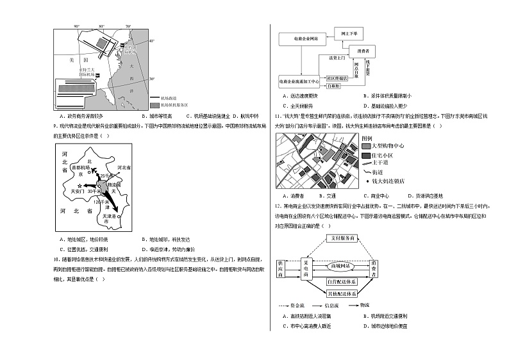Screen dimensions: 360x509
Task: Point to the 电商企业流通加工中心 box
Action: (x=299, y=82)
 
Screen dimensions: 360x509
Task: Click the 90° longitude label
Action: (x=76, y=26)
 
